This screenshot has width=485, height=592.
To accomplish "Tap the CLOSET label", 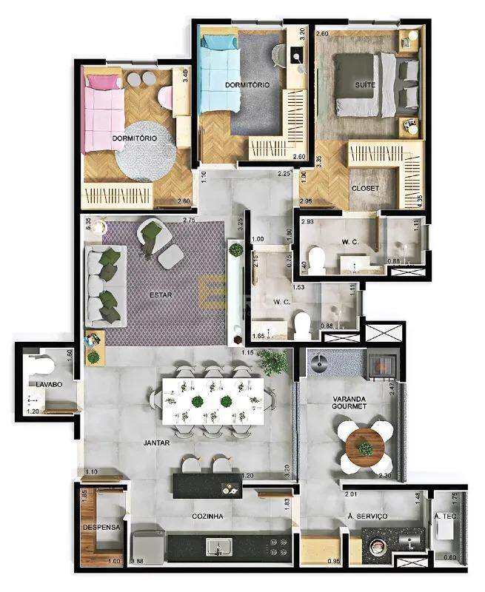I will [364, 189].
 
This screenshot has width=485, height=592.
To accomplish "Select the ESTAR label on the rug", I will [161, 295].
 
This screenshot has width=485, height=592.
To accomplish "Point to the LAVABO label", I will [45, 385].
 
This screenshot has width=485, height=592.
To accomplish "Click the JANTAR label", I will [156, 443].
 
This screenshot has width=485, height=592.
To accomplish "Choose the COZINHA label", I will [208, 516].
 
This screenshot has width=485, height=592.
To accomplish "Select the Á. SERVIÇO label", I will [367, 516].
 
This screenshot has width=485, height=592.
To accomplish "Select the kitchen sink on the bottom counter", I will [217, 548].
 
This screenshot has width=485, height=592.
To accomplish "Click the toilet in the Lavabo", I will [44, 366].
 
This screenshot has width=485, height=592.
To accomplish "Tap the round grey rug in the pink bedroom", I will [145, 151].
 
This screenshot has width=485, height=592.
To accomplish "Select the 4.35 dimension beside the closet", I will [420, 201].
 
